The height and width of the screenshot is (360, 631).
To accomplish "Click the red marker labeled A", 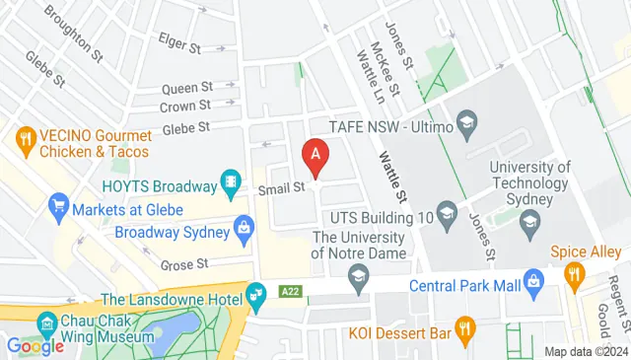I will (315, 156).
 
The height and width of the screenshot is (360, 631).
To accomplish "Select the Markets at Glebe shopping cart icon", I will (58, 206).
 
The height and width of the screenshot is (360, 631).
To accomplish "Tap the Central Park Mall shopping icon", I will (533, 281).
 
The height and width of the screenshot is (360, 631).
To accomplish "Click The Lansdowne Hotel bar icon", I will (255, 293).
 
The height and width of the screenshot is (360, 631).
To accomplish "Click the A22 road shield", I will (290, 292).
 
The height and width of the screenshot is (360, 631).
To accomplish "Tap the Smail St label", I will (278, 187).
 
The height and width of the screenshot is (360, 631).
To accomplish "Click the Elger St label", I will (178, 43).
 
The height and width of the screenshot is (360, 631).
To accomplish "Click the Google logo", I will (36, 345).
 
